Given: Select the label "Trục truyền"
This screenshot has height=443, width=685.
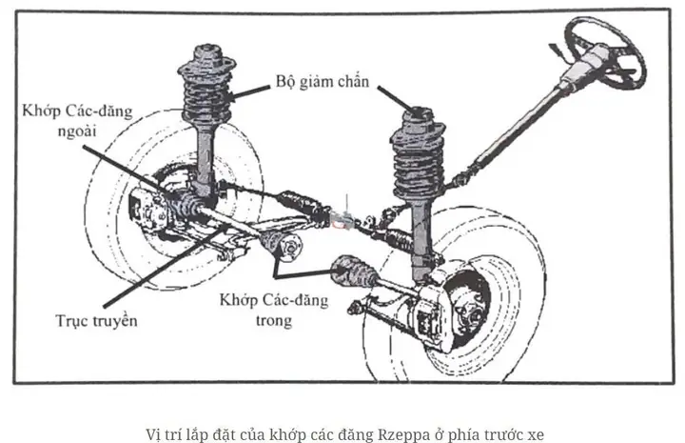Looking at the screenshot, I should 95,320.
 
